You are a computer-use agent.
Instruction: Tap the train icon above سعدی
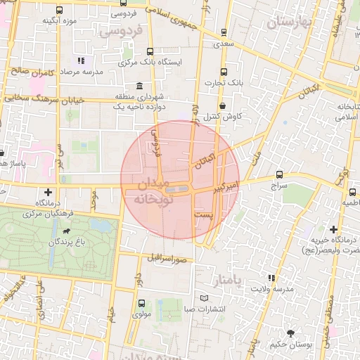point(224,32)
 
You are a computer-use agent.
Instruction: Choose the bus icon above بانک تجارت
point(224,72)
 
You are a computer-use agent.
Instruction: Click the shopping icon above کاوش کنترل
point(223,105)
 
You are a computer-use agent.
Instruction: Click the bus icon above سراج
point(280,174)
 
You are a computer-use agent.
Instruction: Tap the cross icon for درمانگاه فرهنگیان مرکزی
point(48,191)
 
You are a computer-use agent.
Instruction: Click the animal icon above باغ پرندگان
point(66,231)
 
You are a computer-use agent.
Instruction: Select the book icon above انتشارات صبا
point(204,298)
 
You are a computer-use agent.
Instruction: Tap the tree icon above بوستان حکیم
point(290,333)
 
